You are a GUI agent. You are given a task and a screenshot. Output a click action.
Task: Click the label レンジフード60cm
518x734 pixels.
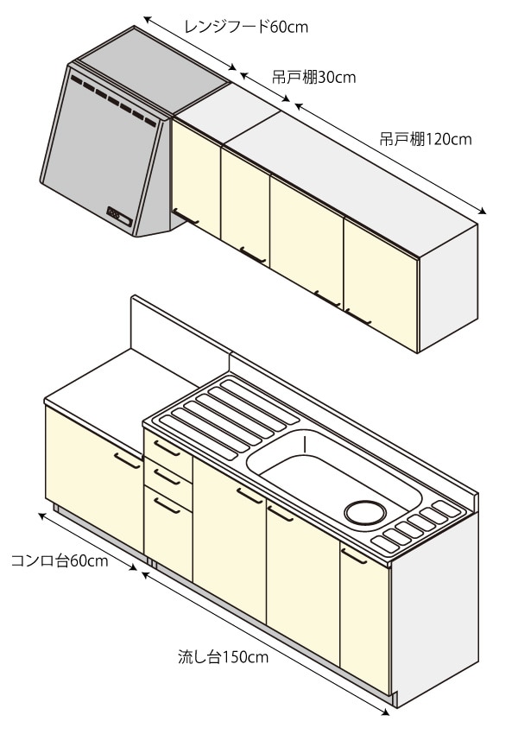(x=246, y=27)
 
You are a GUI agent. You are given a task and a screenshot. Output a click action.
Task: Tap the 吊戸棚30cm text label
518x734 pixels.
(x=308, y=78)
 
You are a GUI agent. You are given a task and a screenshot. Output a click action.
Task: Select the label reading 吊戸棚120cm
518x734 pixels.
(x=425, y=138)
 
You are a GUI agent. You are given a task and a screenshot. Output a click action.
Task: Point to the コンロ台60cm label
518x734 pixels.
(x=59, y=562)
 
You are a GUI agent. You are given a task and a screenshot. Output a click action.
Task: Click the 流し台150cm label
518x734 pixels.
(x=223, y=657)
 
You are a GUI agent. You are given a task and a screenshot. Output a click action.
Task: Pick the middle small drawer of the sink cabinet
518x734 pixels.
(x=167, y=476)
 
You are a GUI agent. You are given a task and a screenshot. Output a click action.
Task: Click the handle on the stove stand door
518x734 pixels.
(x=127, y=459)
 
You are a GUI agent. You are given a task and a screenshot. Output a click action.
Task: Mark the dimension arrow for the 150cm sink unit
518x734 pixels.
(x=262, y=639)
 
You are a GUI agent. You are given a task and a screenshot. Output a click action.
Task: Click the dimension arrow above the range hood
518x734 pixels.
(x=190, y=43)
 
